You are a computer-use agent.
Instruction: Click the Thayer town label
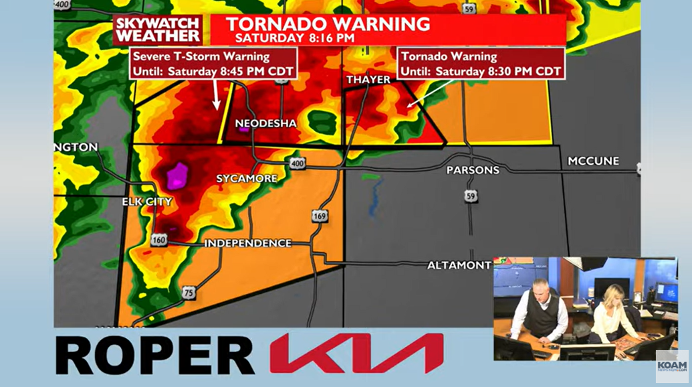368,80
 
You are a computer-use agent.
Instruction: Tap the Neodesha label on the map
265,124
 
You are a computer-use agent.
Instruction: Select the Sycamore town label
246,179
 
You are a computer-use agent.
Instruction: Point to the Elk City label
146,202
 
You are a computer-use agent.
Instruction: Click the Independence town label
248,243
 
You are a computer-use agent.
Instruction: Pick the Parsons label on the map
473,170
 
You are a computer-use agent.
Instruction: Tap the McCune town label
593,161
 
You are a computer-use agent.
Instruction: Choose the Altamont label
459,266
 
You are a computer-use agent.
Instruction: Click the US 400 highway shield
297,163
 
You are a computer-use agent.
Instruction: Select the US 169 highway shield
319,216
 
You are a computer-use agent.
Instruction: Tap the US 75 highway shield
189,293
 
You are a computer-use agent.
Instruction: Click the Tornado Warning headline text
328,24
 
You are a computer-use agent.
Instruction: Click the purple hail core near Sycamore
178,175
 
